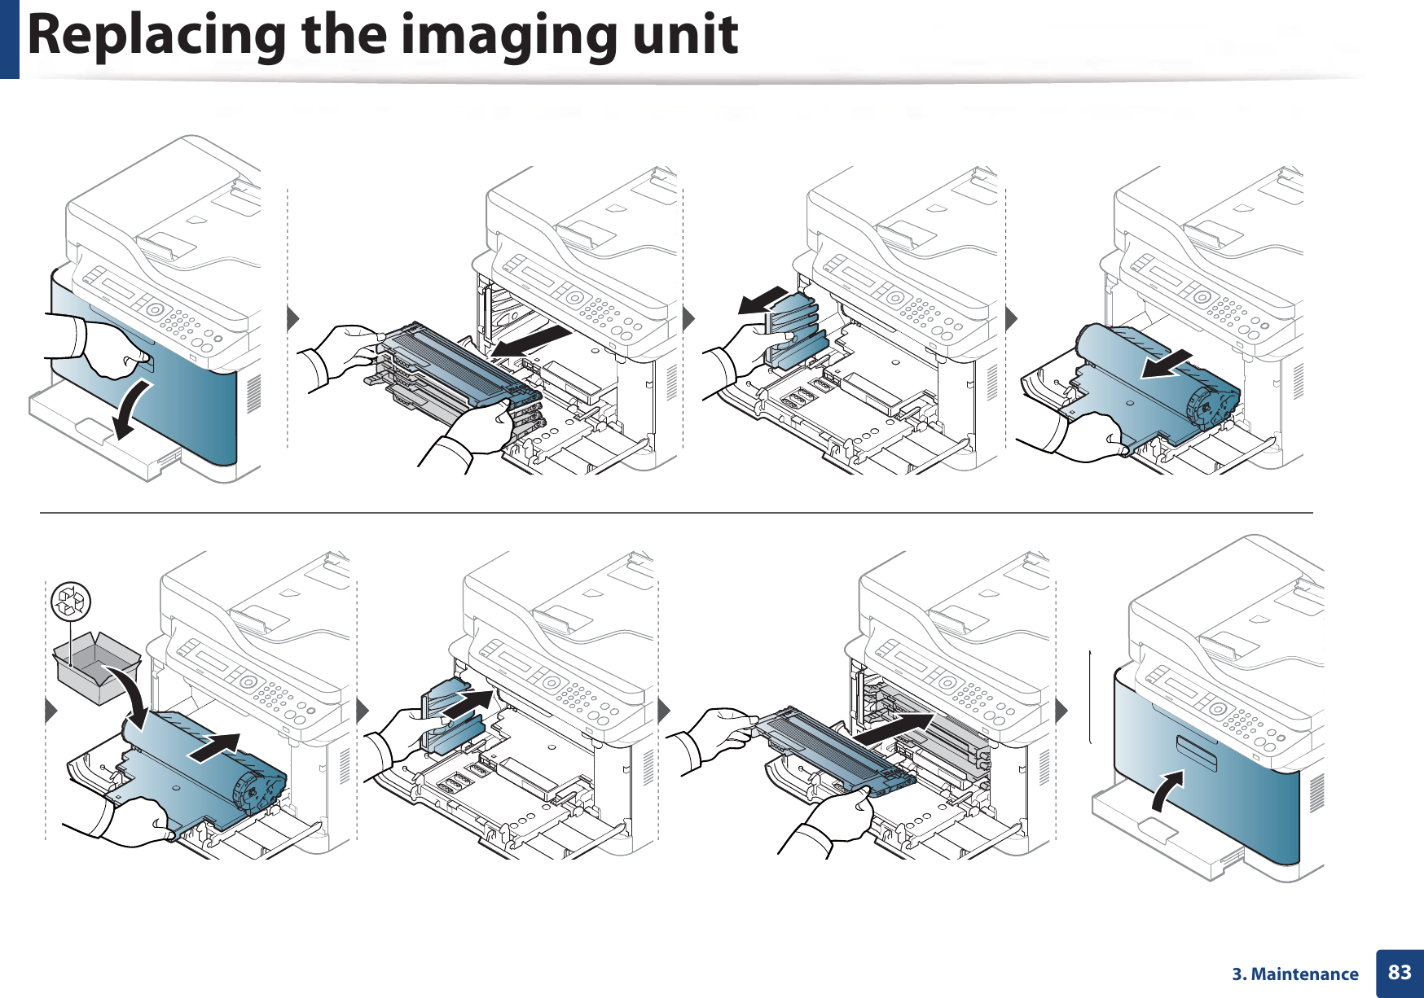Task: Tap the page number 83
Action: tap(1400, 972)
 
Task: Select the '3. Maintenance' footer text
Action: tap(1294, 974)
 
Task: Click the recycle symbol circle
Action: tap(71, 602)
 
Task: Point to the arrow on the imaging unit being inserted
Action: tap(216, 747)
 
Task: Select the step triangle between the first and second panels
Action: tap(293, 318)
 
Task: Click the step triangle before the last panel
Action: tap(1061, 711)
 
